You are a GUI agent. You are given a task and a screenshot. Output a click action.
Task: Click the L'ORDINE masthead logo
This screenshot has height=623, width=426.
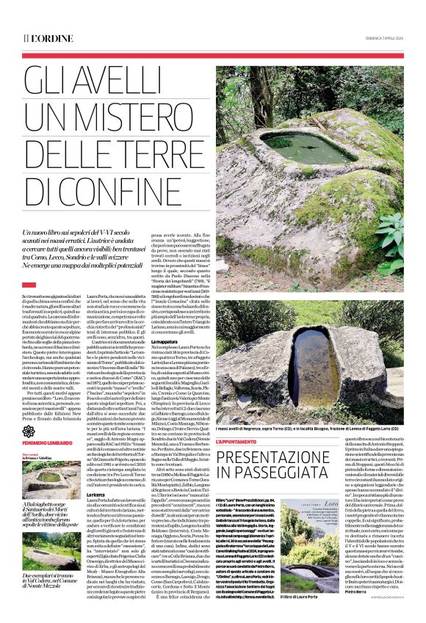pyautogui.click(x=48, y=37)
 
